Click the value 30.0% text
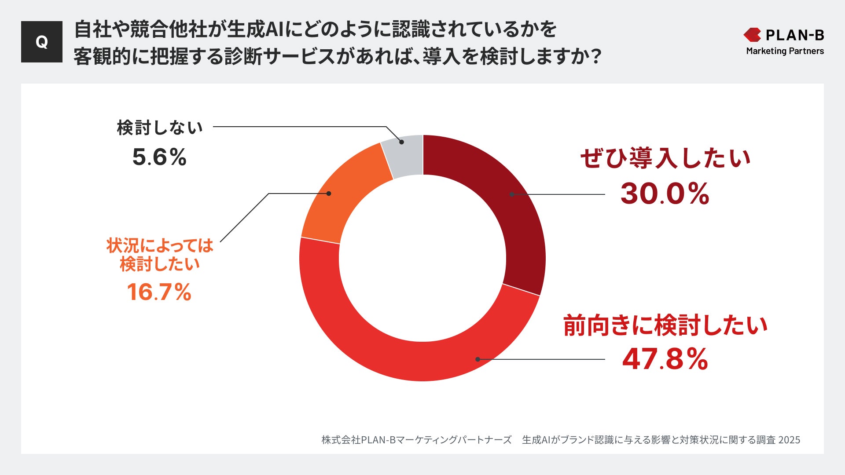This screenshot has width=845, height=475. [665, 194]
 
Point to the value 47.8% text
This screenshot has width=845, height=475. [665, 359]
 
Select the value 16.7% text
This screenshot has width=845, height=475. [159, 292]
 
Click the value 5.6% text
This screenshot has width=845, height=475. [159, 157]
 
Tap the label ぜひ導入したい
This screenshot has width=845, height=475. [665, 158]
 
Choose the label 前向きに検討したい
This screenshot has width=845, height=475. [665, 325]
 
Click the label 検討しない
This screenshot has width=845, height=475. [159, 128]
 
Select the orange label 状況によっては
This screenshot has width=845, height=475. [159, 245]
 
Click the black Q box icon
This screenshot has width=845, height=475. [42, 42]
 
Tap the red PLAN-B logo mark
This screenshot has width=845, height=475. [752, 35]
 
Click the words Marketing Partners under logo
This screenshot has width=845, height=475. [785, 51]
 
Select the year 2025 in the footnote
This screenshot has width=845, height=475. [789, 440]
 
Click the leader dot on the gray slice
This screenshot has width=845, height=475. [401, 142]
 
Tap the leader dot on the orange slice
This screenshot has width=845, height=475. [329, 194]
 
